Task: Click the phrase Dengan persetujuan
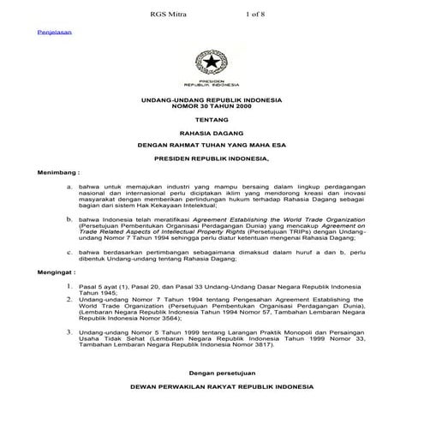point(211,373)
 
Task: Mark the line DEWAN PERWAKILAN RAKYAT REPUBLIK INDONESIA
point(211,387)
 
